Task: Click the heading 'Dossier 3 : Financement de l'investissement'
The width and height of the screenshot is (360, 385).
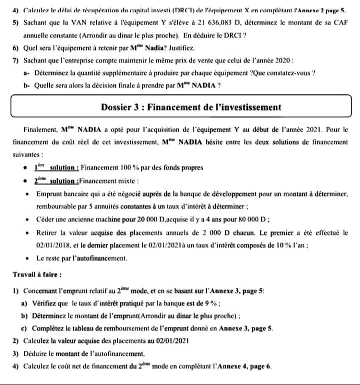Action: coord(191,107)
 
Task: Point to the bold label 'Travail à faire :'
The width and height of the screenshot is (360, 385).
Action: coord(37,274)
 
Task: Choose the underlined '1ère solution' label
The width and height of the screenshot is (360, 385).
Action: coord(55,168)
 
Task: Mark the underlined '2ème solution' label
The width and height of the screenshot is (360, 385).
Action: coord(55,180)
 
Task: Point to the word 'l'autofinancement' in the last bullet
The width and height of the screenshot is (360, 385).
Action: coord(96,258)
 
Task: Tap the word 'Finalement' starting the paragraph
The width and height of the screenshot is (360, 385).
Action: coord(40,128)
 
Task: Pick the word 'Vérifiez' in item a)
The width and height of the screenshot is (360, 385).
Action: coord(45,303)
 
